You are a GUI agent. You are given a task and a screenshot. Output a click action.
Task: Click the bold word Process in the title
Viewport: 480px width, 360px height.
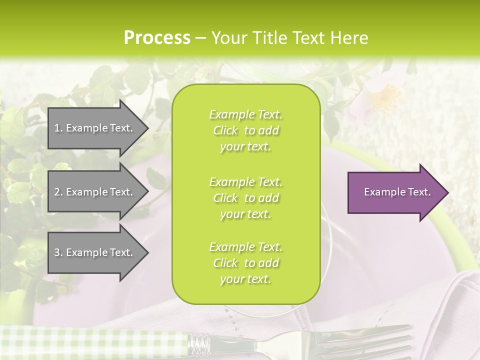tap(157, 38)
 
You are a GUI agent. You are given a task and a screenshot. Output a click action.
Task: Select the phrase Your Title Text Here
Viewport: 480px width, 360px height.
tap(289, 38)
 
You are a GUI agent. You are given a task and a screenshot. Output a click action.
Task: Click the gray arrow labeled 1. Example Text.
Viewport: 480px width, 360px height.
tap(95, 128)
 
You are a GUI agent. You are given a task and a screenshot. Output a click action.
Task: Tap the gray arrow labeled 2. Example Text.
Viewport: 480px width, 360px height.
tap(95, 192)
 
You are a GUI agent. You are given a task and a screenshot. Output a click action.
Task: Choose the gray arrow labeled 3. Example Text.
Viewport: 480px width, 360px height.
tap(95, 252)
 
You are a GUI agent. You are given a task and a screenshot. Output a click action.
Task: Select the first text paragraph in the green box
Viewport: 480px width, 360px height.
tap(245, 130)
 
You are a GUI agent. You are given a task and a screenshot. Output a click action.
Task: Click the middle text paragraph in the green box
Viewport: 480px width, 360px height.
tap(245, 198)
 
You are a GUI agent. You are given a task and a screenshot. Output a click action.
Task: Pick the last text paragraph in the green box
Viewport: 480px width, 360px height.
tap(245, 263)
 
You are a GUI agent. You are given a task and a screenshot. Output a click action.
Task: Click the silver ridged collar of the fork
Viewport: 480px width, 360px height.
tap(199, 344)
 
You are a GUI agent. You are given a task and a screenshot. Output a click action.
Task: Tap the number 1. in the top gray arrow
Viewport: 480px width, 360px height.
tap(58, 128)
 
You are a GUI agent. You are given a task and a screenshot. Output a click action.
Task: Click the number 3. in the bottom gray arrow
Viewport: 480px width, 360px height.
tap(58, 252)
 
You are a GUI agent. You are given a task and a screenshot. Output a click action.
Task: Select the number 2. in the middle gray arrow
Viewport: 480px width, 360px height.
tap(58, 192)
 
